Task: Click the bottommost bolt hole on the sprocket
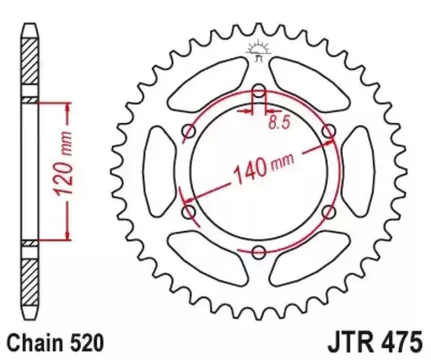click(259, 252)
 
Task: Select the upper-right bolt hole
click(329, 131)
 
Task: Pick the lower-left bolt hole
click(189, 212)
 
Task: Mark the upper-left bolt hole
click(189, 132)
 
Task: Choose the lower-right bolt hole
click(329, 212)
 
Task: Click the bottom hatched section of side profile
click(31, 278)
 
